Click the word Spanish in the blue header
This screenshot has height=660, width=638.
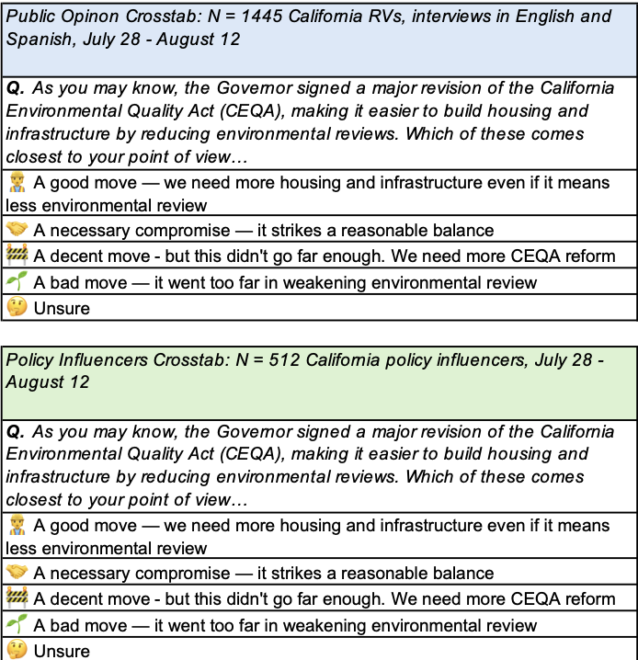[38, 40]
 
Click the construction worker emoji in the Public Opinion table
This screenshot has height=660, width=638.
[17, 181]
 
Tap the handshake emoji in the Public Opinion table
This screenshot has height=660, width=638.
[17, 230]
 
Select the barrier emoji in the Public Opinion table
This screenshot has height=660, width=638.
[17, 256]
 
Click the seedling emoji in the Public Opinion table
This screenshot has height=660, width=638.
[17, 281]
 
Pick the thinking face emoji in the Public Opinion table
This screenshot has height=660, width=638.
[17, 307]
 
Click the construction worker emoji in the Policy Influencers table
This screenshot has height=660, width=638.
[17, 525]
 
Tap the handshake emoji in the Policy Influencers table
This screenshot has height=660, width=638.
[17, 573]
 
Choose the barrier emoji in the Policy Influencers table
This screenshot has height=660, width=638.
[17, 598]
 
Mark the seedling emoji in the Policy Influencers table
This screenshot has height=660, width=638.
[17, 625]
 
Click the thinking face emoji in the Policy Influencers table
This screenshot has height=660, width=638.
[17, 650]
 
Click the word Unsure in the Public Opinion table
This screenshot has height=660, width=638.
[62, 308]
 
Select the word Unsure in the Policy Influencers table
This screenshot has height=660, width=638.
[62, 651]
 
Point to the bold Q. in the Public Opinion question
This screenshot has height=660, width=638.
[15, 88]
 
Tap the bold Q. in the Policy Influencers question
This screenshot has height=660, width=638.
[15, 431]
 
